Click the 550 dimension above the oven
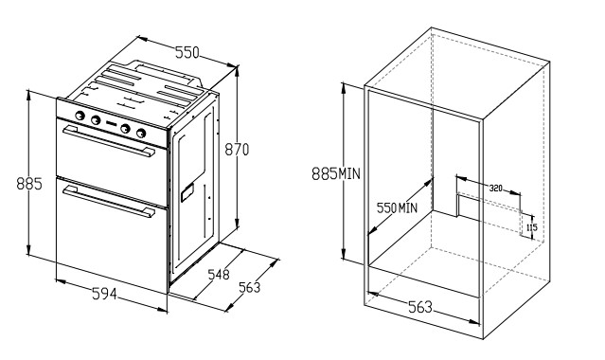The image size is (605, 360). (187, 52)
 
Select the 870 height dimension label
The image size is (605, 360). (237, 149)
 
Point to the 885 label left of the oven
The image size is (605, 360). (29, 184)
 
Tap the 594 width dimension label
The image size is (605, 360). (104, 294)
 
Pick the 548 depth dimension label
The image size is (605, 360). (219, 274)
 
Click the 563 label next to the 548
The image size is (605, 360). (249, 287)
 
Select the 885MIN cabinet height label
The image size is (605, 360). (336, 173)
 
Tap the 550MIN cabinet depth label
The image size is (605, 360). (397, 208)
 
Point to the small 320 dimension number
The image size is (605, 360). (496, 189)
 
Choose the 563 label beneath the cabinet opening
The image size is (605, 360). (420, 307)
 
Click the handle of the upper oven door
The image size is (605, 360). (109, 141)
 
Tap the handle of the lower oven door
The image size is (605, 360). (109, 201)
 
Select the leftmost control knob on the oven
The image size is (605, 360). (80, 116)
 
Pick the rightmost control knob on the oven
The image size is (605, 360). (141, 133)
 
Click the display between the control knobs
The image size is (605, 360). (112, 123)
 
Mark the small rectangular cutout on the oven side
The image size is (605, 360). (187, 192)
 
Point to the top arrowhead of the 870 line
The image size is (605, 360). (237, 70)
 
